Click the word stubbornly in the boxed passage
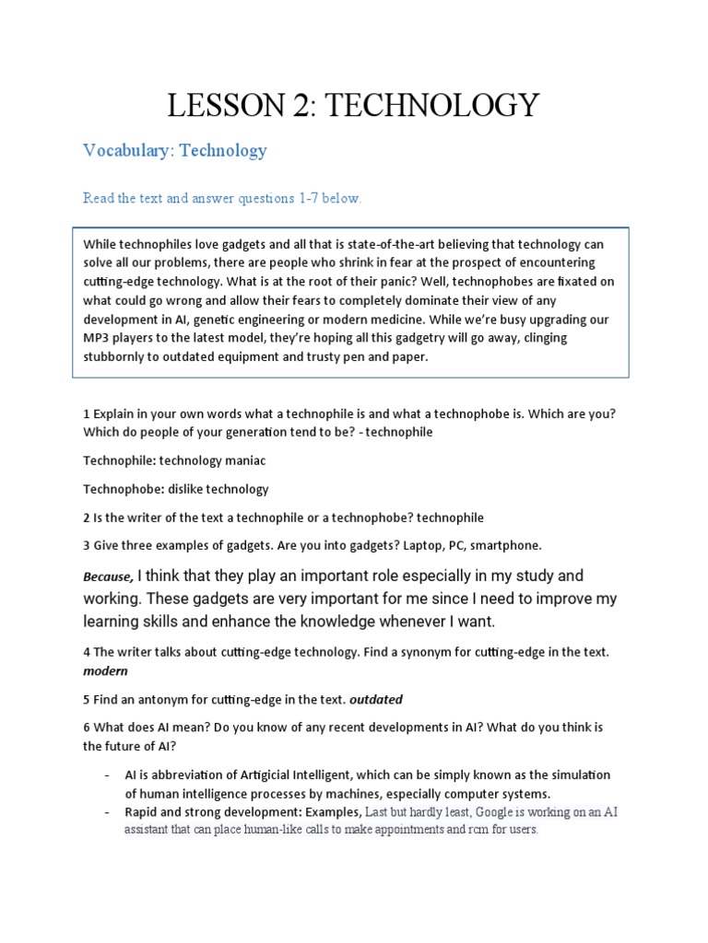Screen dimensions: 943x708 tap(117, 356)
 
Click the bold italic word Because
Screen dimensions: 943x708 tap(108, 577)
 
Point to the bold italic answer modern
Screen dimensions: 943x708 tap(106, 670)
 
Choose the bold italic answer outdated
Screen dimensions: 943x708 tap(377, 699)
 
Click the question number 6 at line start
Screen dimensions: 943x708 tap(87, 728)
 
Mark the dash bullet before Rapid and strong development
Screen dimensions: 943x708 tap(107, 812)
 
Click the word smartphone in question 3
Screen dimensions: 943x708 tap(508, 545)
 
